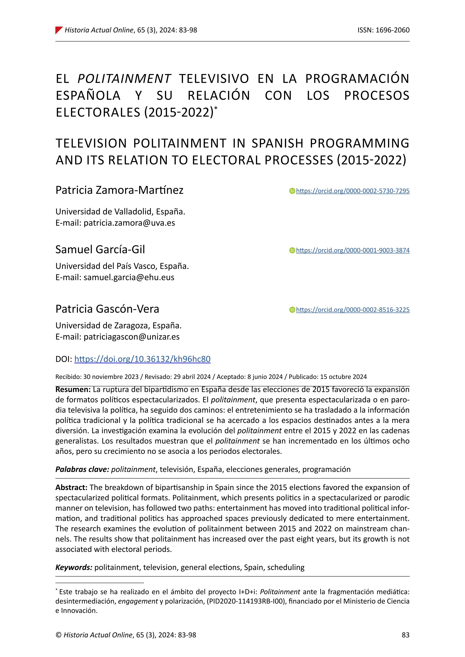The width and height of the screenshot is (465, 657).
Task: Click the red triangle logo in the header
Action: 59,30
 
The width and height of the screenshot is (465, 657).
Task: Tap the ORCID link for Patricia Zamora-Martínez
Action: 352,191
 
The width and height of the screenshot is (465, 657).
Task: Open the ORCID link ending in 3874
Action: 352,250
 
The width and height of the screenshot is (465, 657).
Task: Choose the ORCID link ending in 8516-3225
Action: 352,310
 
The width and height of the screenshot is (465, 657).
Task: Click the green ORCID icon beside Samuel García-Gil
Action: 292,250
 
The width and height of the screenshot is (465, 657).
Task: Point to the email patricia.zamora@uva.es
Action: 129,223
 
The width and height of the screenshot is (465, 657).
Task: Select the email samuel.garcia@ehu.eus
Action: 129,277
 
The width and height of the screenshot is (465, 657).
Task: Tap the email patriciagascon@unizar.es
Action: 131,337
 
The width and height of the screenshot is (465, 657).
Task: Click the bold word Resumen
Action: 73,389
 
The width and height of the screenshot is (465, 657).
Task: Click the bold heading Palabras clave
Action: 82,469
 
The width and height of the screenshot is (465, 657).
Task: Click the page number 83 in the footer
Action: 405,635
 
